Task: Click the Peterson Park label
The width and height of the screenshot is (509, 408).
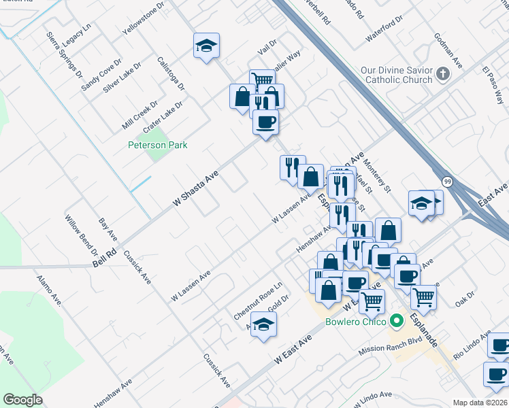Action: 158,145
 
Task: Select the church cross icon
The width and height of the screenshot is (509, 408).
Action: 443,73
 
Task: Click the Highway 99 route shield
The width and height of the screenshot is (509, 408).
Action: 446,182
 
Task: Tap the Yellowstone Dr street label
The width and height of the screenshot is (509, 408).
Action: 144,19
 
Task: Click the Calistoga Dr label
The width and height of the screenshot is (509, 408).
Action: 171,73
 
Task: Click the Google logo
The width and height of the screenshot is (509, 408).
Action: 22,400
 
